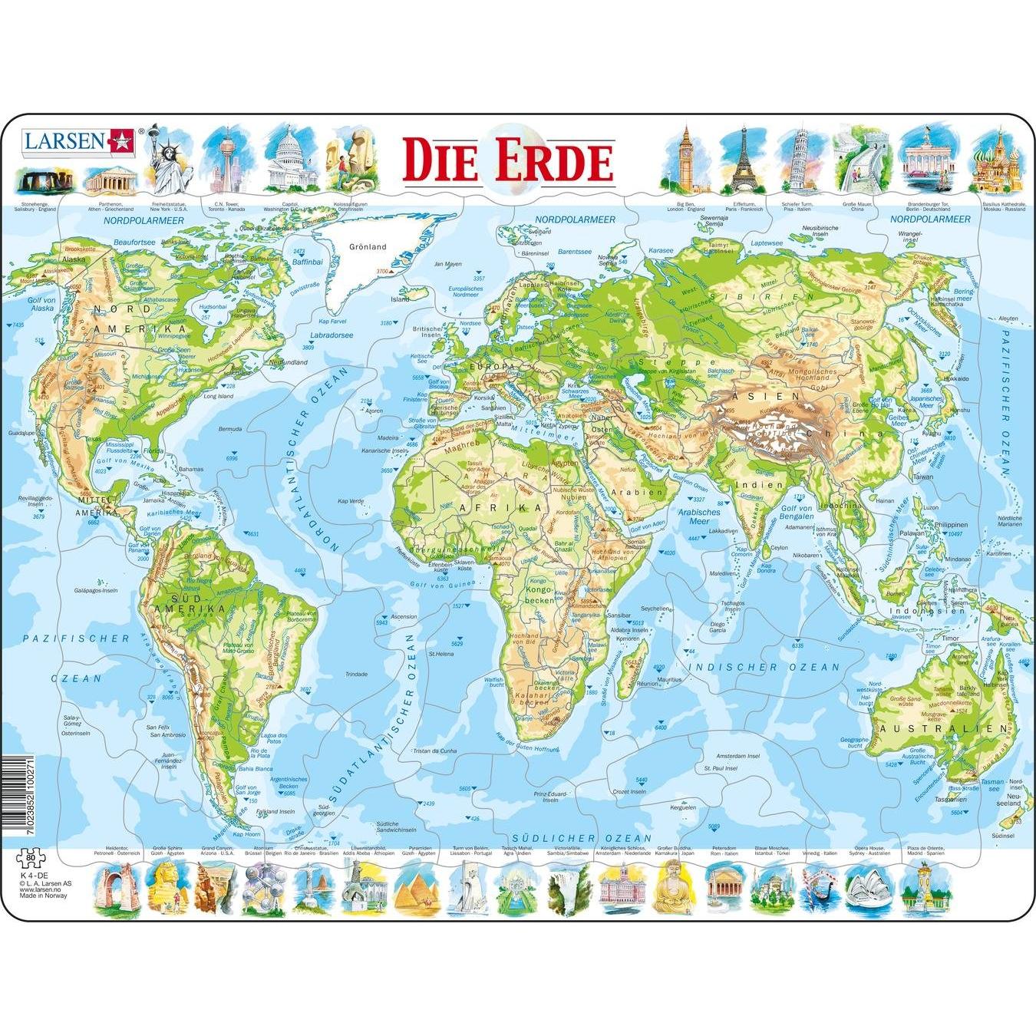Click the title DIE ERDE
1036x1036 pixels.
tap(508, 160)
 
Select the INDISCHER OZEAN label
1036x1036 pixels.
tap(763, 667)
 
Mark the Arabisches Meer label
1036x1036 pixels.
tap(699, 516)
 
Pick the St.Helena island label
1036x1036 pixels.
tap(442, 654)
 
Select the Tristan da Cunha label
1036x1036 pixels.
tap(434, 751)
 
